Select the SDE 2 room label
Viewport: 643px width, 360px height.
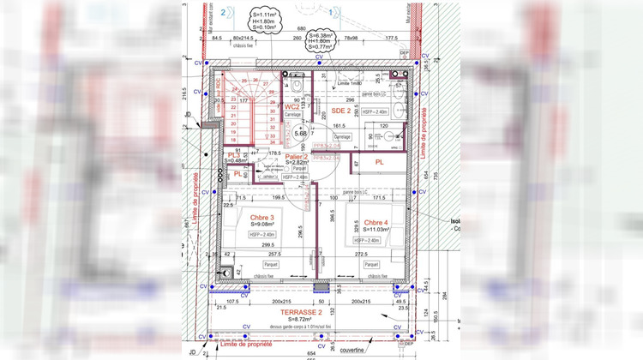341,111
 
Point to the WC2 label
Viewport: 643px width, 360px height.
292,106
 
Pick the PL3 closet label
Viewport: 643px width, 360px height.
233,154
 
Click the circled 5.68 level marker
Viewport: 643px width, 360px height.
301,133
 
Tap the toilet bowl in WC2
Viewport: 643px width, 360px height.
294,87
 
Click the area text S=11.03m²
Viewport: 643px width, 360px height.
376,229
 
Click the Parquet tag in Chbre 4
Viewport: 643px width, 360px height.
375,276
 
